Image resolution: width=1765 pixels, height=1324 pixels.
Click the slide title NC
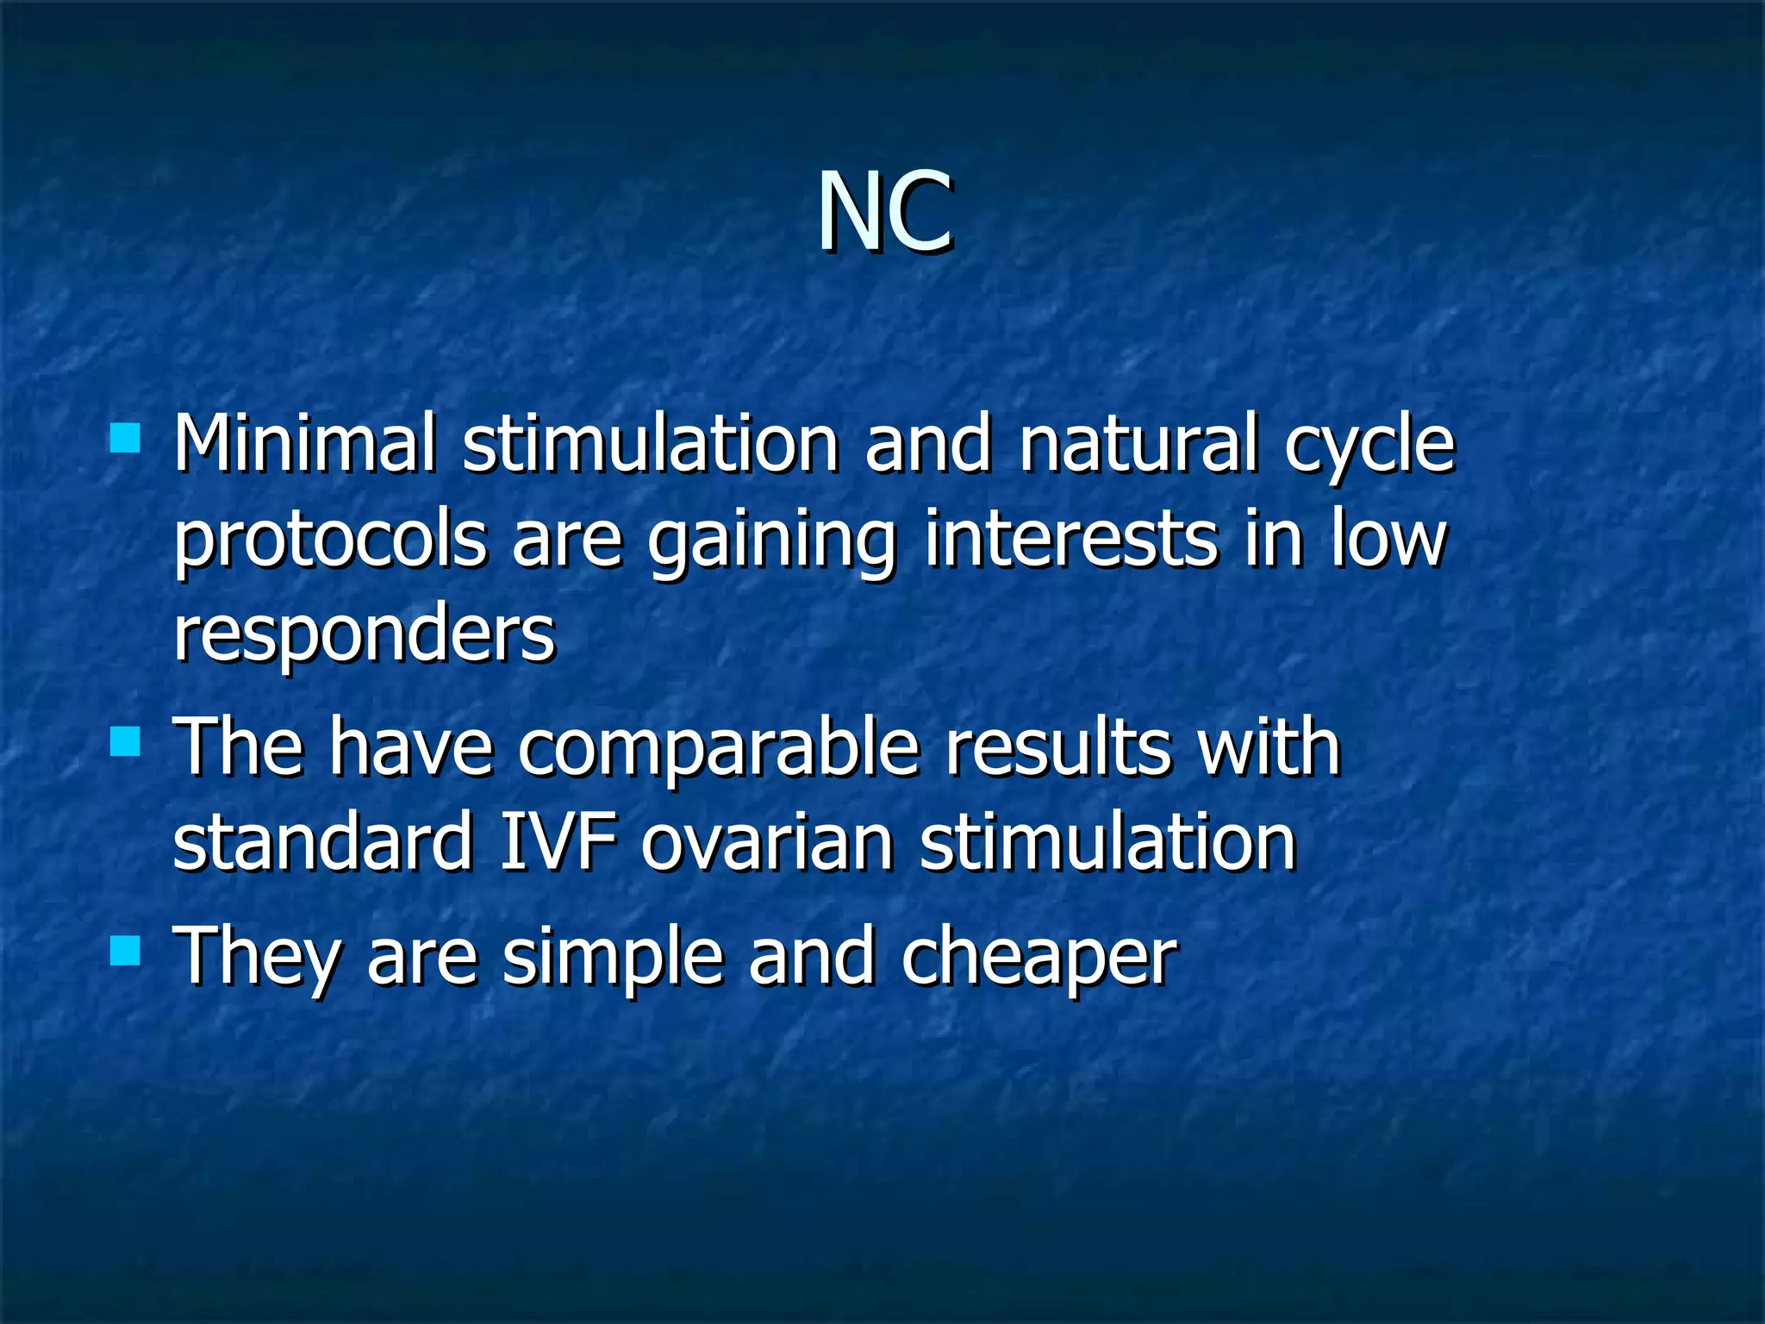[x=884, y=211]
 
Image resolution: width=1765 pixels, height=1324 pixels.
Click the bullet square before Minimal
[x=126, y=438]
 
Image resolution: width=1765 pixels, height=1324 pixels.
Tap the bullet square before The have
[x=126, y=740]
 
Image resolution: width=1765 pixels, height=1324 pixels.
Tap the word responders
[x=364, y=636]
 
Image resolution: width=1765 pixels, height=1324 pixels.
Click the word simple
[x=613, y=959]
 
